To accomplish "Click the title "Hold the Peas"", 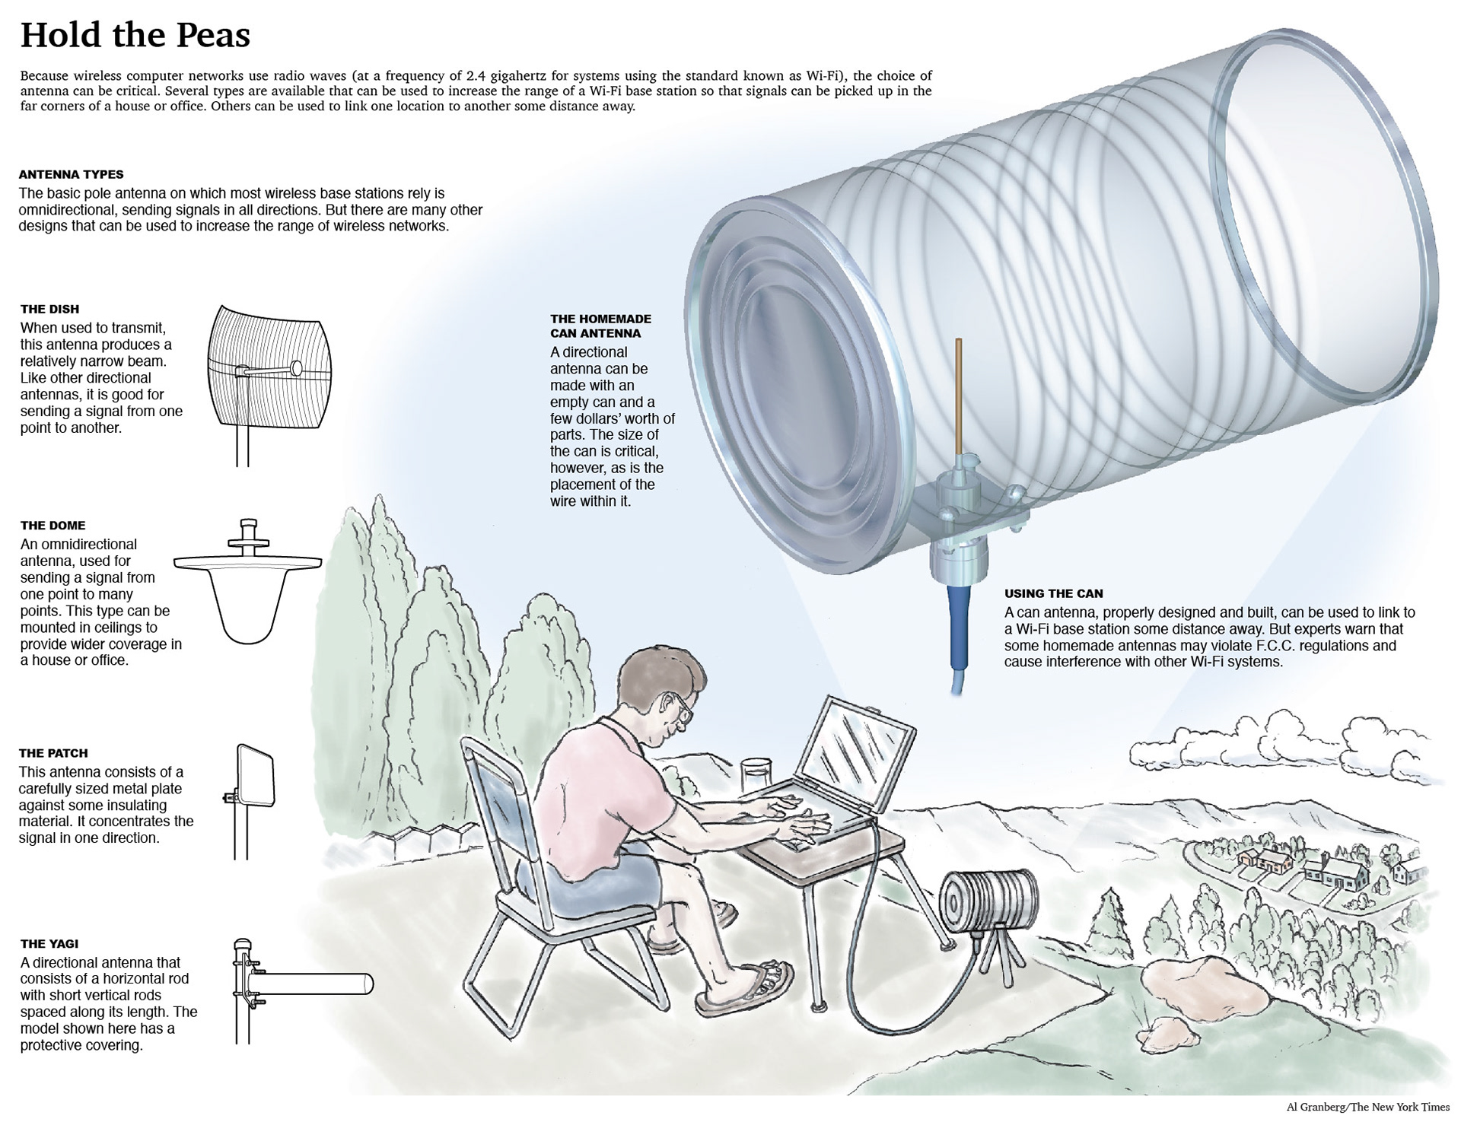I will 135,35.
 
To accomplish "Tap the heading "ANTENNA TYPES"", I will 72,174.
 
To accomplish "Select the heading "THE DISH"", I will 50,309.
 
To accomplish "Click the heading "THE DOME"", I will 53,526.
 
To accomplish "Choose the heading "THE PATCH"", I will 53,753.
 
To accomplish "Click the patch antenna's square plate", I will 256,775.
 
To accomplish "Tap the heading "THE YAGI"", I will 49,944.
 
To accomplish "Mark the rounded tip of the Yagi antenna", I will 368,984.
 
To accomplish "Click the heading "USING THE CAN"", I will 1053,593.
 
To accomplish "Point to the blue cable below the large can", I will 957,631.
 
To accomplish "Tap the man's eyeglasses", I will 682,707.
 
